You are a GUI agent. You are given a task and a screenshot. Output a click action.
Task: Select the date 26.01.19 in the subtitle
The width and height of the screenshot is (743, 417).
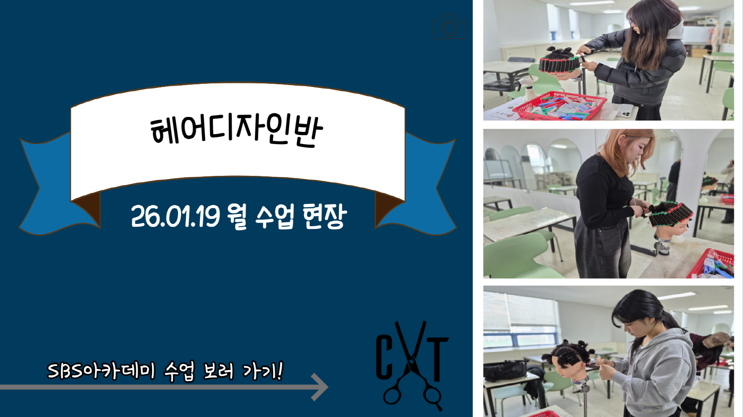[x=176, y=216]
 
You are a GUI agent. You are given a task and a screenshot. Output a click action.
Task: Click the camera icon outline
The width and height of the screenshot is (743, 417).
[x=449, y=26]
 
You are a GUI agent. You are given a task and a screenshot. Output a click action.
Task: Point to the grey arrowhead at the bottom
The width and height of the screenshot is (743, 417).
[x=320, y=387]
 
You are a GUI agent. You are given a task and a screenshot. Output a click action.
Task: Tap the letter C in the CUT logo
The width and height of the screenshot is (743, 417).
[x=386, y=357]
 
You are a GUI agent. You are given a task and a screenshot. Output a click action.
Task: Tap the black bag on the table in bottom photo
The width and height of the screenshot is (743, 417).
[x=504, y=370]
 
